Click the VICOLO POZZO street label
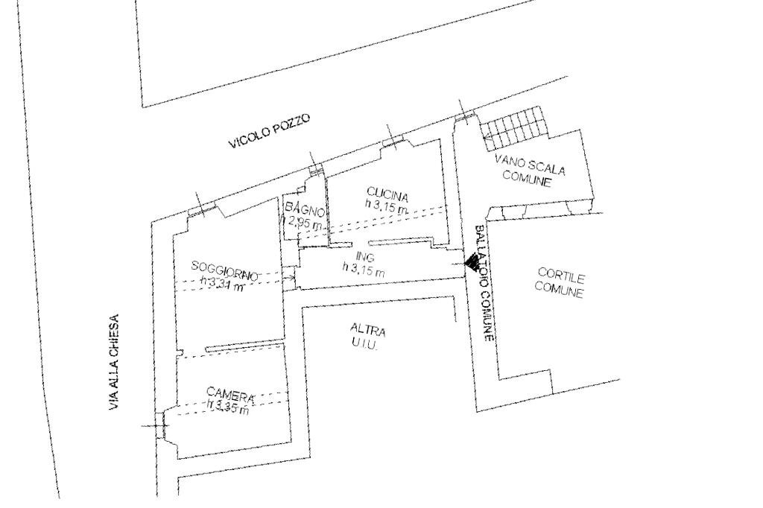click(268, 133)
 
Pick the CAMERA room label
click(231, 396)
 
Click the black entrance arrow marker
click(471, 262)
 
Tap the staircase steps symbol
click(514, 127)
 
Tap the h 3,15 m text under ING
click(364, 270)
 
